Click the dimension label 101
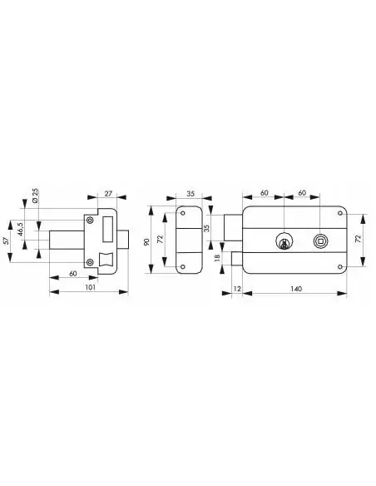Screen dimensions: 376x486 tap(90, 287)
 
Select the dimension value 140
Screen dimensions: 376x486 tap(296, 289)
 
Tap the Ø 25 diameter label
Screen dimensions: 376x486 tap(35, 196)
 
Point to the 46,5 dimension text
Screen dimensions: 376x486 tap(20, 229)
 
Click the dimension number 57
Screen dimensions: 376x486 tap(5, 241)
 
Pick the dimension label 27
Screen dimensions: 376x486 tap(108, 194)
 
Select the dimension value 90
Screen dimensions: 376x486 tap(147, 242)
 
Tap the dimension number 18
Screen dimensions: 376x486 tap(217, 257)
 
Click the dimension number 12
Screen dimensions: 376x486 tap(237, 289)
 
